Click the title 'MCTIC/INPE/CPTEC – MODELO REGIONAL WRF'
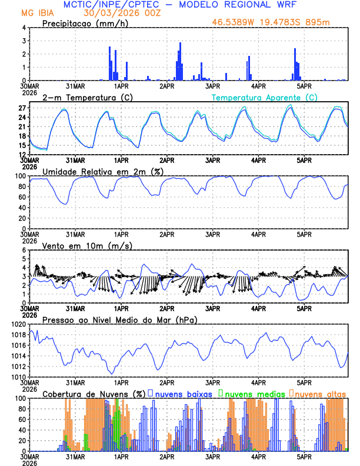pyautogui.click(x=180, y=5)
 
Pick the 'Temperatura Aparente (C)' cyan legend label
pyautogui.click(x=265, y=97)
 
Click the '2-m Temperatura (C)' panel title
pyautogui.click(x=82, y=97)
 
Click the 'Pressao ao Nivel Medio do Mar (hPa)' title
pyautogui.click(x=119, y=319)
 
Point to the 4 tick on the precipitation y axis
pyautogui.click(x=24, y=28)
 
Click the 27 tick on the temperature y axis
pyautogui.click(x=22, y=108)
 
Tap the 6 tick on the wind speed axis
pyautogui.click(x=24, y=250)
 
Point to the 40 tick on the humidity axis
pyautogui.click(x=22, y=208)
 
